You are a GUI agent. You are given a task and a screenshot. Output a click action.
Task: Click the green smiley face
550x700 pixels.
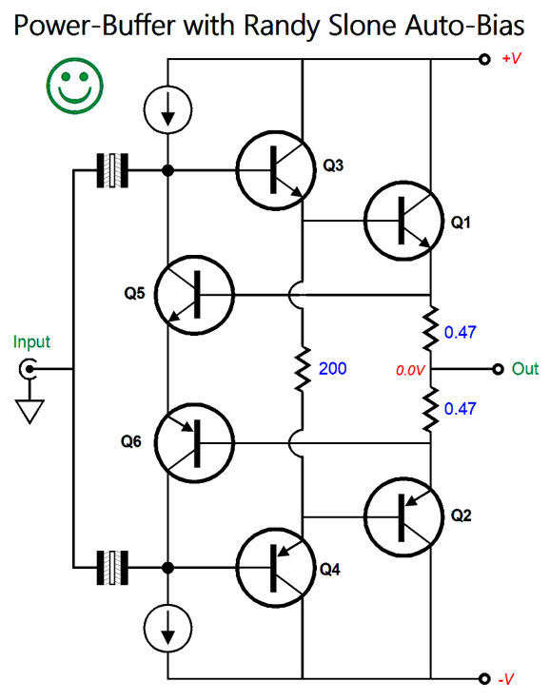(74, 86)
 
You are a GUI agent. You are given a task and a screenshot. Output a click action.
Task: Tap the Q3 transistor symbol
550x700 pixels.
(276, 170)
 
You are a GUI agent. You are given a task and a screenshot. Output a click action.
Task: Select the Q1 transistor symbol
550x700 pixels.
(403, 221)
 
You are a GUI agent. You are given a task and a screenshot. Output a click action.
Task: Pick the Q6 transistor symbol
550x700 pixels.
(194, 443)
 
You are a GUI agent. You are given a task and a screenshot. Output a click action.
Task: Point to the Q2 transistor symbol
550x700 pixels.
(403, 517)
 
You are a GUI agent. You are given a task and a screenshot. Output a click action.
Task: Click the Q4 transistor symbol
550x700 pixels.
(276, 568)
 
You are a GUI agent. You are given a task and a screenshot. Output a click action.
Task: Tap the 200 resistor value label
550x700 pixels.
(332, 368)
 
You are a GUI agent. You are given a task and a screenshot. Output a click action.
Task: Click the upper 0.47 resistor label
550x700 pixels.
(461, 332)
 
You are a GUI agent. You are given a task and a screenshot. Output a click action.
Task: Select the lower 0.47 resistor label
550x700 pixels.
(461, 408)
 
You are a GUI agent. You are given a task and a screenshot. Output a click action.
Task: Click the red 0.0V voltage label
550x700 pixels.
(410, 370)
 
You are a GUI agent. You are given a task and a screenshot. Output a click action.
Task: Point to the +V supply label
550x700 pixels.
(512, 58)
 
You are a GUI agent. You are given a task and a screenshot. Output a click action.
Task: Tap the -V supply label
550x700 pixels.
(506, 679)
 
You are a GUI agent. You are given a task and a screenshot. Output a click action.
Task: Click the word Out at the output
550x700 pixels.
(525, 369)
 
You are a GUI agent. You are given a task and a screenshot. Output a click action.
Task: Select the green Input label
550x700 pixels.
(31, 342)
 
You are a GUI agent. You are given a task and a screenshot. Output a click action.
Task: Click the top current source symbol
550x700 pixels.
(168, 109)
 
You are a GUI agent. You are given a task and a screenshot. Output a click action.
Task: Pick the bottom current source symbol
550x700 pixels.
(168, 628)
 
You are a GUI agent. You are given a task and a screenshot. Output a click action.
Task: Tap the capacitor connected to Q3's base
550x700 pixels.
(112, 170)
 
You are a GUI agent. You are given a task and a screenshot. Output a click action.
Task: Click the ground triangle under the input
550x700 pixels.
(29, 411)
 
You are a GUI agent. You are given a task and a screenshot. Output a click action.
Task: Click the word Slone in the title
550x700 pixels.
(363, 26)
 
